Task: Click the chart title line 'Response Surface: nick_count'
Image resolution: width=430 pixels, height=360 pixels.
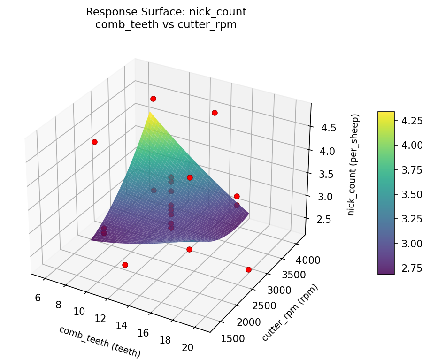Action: point(166,12)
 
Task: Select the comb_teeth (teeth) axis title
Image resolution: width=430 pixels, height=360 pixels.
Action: point(100,342)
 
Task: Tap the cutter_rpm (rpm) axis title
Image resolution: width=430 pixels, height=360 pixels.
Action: point(290,313)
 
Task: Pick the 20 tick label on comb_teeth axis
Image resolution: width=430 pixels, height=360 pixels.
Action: point(187,347)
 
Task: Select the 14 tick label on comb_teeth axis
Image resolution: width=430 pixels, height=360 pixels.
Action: point(122,325)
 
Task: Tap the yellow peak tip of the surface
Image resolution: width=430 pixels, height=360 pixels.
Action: point(149,113)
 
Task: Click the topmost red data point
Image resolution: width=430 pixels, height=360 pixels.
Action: point(153,99)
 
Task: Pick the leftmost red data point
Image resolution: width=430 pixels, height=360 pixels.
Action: point(94,142)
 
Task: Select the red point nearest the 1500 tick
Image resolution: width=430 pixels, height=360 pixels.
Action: point(248,269)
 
